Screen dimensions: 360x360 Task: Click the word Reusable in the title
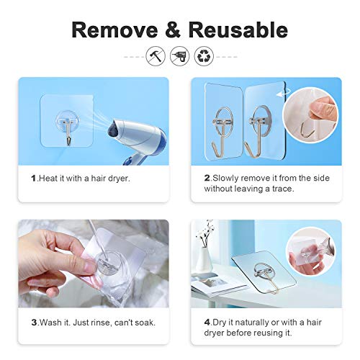click(238, 30)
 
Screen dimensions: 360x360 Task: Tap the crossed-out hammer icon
click(156, 56)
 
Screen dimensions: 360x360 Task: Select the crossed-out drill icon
click(179, 56)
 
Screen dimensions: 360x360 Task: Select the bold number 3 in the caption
click(33, 322)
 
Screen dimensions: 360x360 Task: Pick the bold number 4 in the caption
click(206, 322)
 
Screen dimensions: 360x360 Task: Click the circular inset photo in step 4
click(312, 249)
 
